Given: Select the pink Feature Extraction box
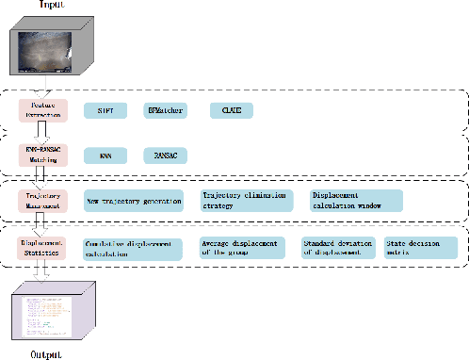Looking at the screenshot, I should (40, 109).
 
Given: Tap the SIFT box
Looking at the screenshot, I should (105, 110).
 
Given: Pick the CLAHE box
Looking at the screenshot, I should (232, 110).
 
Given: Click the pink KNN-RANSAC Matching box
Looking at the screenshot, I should (40, 154).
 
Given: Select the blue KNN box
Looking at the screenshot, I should (105, 155).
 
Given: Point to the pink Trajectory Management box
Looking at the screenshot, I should (40, 200).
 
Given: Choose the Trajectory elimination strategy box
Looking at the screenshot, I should (248, 200).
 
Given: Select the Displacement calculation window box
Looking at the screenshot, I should (356, 200).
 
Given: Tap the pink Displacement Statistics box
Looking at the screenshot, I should (40, 247).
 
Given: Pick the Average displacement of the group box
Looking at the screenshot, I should (244, 248).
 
